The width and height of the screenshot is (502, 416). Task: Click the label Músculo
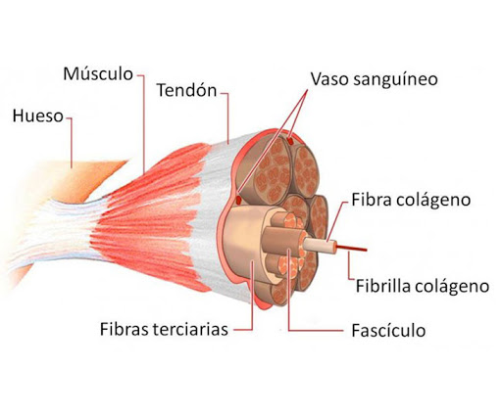click(98, 73)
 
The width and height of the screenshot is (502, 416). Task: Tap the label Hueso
click(37, 116)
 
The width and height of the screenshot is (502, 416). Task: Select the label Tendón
click(186, 90)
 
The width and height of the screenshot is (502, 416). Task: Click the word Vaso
click(328, 79)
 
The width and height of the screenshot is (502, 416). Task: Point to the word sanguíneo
click(395, 80)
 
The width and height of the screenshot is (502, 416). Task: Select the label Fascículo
click(388, 331)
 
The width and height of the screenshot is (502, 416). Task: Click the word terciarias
click(190, 329)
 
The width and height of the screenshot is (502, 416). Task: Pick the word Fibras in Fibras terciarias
click(125, 329)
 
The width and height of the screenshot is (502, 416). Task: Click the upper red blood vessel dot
click(289, 142)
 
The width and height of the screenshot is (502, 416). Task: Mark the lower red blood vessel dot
click(238, 200)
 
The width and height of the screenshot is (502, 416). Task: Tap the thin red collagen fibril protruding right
click(352, 249)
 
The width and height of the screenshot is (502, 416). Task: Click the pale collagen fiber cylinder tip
click(321, 246)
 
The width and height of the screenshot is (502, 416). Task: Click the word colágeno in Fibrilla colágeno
click(452, 287)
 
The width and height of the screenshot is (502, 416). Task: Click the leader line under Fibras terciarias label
click(252, 296)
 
